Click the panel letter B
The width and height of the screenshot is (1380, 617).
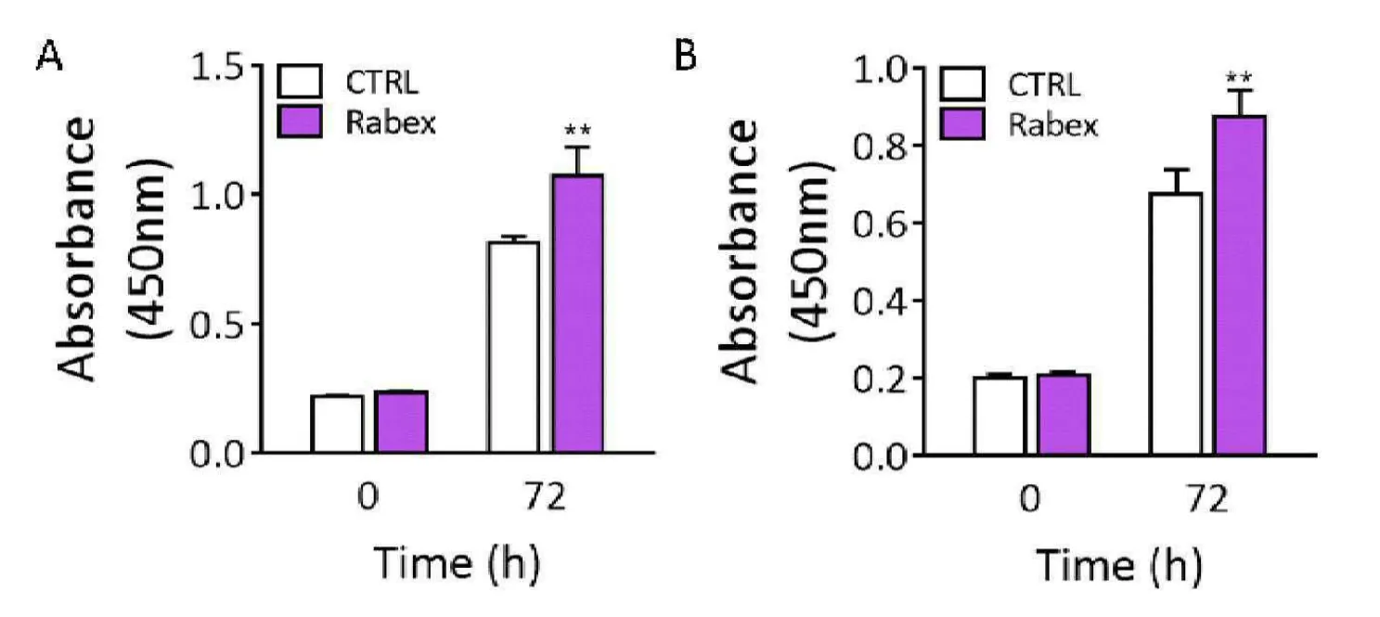684,58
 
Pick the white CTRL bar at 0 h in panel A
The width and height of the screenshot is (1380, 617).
337,423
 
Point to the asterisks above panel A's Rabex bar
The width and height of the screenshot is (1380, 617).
577,127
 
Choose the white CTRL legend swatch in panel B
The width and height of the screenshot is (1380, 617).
962,85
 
